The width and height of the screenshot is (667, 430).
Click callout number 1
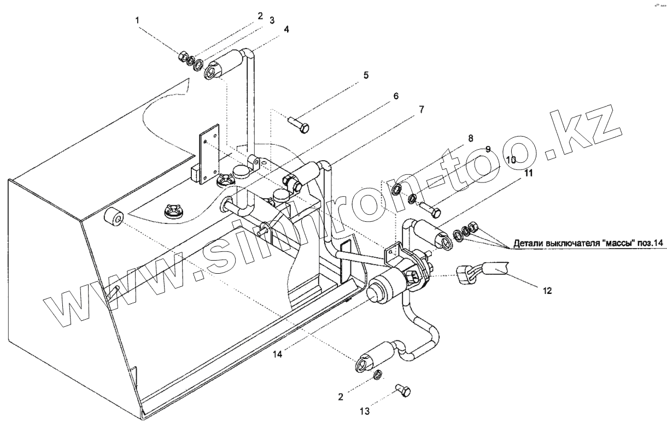coord(138,20)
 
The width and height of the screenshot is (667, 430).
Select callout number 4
coord(286,28)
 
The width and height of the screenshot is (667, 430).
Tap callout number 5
coord(365,75)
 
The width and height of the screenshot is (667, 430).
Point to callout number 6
coord(395,96)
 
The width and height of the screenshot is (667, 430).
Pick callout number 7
coord(421,109)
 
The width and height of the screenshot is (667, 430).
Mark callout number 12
coord(547,291)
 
